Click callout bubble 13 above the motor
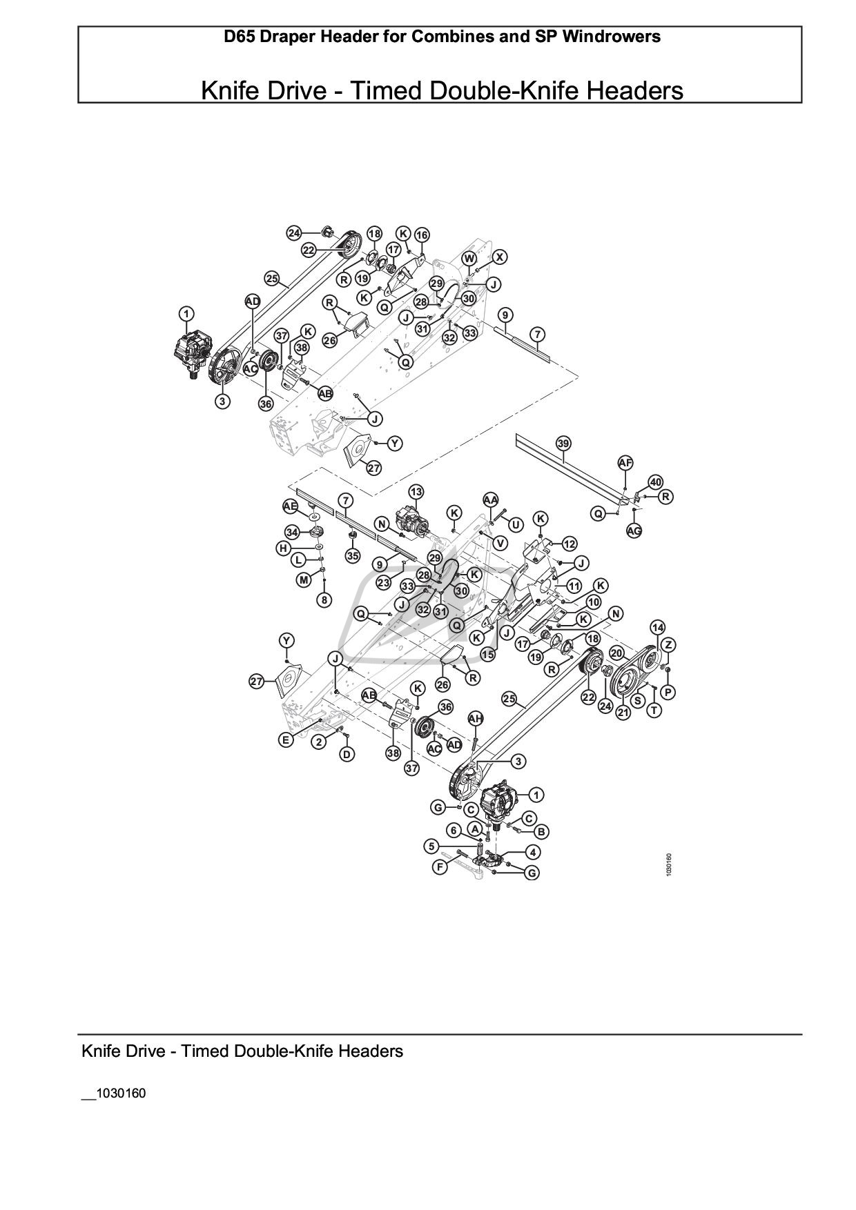416,492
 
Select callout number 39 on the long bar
563,443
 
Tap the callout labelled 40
655,482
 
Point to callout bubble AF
625,463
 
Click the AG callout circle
634,530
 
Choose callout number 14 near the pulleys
657,627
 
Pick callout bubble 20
616,653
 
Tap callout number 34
293,532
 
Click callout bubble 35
353,555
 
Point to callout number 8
324,599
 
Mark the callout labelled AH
476,719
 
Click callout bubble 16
421,235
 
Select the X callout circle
500,257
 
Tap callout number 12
569,544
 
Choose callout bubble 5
431,846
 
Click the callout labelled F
440,867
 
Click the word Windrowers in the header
612,37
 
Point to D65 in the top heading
239,37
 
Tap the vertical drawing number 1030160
668,865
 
